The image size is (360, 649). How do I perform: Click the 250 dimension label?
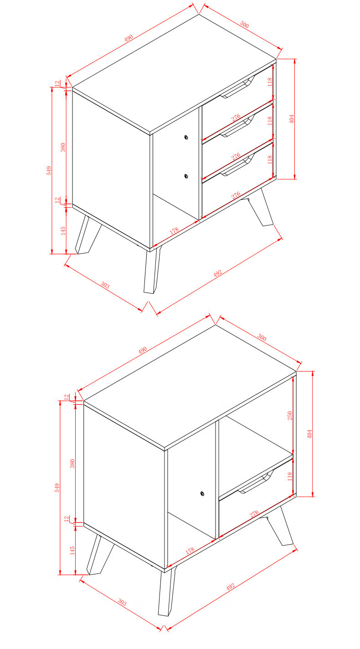tap(290, 416)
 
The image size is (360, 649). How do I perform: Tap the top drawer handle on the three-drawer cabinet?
tap(237, 87)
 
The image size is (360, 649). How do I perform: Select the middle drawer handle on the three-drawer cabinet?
tap(237, 125)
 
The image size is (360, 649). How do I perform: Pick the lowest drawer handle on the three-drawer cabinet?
tap(237, 164)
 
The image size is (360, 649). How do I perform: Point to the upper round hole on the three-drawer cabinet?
tap(186, 137)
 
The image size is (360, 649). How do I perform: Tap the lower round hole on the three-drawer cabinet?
tap(186, 176)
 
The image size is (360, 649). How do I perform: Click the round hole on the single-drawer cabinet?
tap(202, 493)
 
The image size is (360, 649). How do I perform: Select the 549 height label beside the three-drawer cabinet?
tap(49, 170)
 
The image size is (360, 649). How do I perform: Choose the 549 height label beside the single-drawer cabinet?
tap(57, 488)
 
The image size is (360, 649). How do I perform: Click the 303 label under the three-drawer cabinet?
tap(105, 286)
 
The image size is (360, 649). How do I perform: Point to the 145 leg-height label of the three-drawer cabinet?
tap(63, 230)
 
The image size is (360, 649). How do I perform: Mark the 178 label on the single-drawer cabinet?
tap(190, 551)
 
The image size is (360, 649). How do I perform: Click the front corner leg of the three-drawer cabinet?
tap(152, 271)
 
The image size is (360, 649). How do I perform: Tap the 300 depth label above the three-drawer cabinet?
tap(244, 25)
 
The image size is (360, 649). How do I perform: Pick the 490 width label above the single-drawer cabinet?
tap(142, 350)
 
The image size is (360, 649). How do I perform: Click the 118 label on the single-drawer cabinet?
tap(289, 476)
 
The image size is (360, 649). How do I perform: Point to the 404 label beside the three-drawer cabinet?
tap(292, 119)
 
